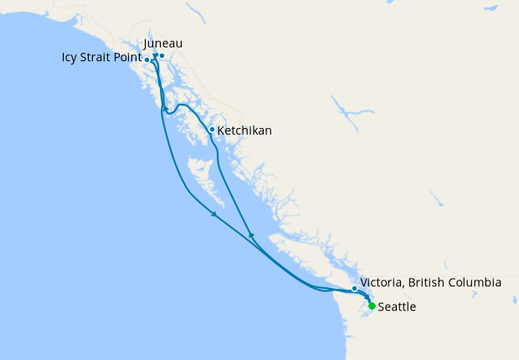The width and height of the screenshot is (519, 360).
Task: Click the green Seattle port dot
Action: [372, 306]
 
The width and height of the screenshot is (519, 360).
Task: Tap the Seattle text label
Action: [397, 307]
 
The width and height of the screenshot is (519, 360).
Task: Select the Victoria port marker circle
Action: [355, 288]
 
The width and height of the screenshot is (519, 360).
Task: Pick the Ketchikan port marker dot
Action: [212, 130]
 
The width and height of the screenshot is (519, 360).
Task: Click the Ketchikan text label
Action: [244, 131]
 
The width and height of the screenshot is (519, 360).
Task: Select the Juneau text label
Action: [163, 43]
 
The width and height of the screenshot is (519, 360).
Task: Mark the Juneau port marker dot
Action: [162, 56]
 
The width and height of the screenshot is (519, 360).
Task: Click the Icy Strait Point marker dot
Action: [147, 59]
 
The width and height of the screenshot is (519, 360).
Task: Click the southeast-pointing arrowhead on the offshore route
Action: [214, 215]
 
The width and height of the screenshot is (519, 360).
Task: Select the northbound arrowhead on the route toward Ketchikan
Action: [251, 234]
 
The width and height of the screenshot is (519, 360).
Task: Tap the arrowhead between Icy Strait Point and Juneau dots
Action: [155, 57]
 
